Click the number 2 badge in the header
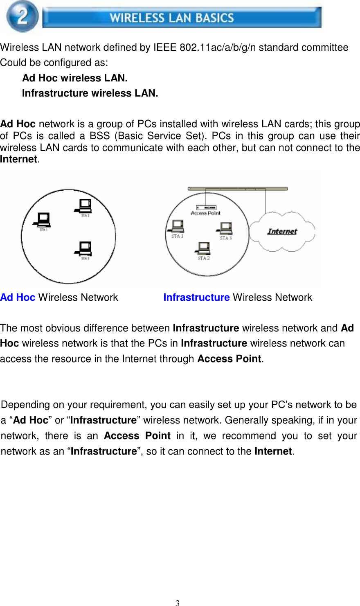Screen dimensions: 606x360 pos(22,16)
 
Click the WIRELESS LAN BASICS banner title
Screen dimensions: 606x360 pos(172,18)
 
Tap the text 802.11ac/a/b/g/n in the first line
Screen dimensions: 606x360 pos(218,47)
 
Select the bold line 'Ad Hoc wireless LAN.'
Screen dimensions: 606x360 pos(75,78)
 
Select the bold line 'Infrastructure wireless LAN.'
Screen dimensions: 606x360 pos(90,93)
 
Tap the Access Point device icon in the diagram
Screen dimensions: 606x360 pos(206,207)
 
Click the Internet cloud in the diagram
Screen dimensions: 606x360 pos(282,232)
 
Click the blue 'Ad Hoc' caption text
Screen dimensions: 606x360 pos(18,297)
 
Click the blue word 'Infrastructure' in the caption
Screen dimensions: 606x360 pos(196,297)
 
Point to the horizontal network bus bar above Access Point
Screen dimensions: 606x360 pos(238,189)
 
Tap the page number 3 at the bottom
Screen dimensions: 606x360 pos(178,602)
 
